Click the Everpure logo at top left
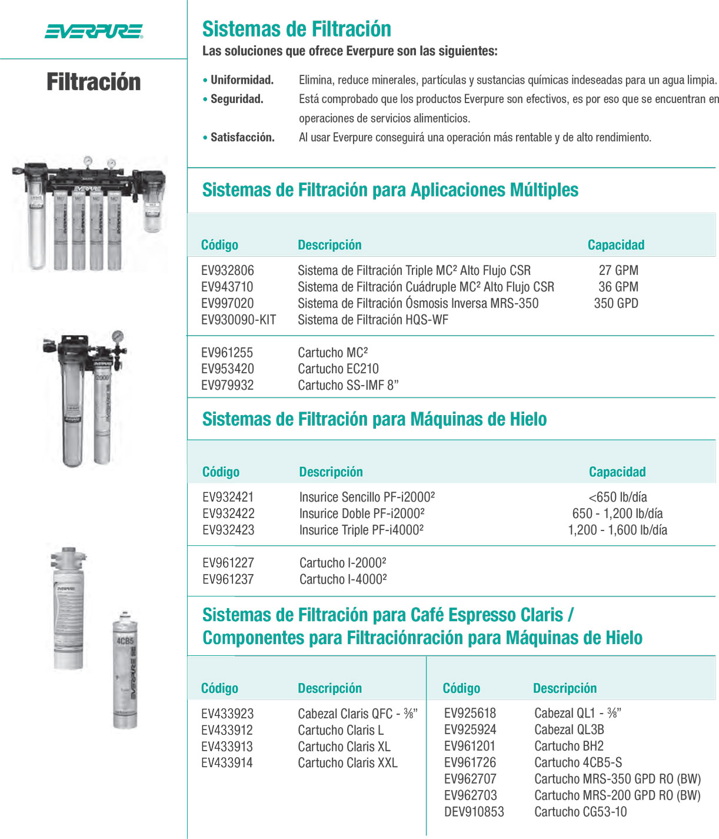(x=94, y=31)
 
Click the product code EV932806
(x=228, y=270)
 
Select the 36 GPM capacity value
(x=618, y=287)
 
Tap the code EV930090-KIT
(x=238, y=320)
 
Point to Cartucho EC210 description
(x=338, y=369)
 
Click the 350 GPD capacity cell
(x=615, y=303)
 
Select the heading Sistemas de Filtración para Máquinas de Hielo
(x=374, y=419)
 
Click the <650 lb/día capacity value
(x=618, y=497)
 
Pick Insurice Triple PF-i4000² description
(x=361, y=530)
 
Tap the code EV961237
(x=228, y=579)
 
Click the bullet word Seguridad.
(x=237, y=99)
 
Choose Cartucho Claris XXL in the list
(x=347, y=762)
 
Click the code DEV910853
(x=474, y=812)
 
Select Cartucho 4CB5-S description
(x=578, y=762)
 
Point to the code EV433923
(x=227, y=714)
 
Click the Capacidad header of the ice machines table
(x=617, y=472)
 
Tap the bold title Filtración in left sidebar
(x=94, y=82)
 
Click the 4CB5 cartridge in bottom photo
(x=125, y=671)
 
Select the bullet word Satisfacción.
(x=242, y=137)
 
